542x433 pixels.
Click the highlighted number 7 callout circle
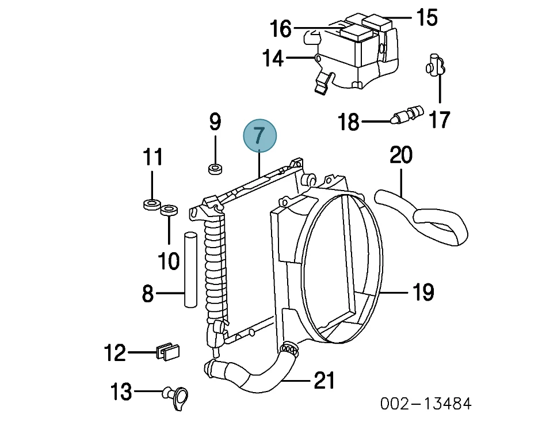click(260, 136)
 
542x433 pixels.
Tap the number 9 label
click(215, 122)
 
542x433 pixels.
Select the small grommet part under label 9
click(215, 169)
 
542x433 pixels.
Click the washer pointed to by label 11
click(152, 204)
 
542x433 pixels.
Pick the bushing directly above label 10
click(169, 210)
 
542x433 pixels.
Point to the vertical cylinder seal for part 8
click(190, 269)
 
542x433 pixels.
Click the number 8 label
click(148, 294)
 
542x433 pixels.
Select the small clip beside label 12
click(167, 351)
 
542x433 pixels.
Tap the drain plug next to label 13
click(177, 396)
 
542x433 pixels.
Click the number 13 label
click(121, 393)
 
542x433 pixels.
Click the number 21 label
click(324, 381)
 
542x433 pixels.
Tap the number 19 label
click(423, 293)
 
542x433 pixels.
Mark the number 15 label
click(426, 17)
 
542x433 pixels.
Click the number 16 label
click(281, 28)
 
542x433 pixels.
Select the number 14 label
click(273, 58)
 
